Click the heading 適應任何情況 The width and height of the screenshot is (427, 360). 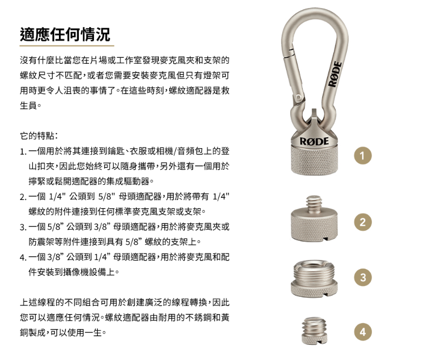click(x=65, y=34)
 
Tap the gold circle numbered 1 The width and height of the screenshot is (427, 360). click(x=363, y=156)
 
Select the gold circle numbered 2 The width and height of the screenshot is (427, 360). click(x=363, y=222)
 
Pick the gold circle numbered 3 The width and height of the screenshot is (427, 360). click(x=363, y=277)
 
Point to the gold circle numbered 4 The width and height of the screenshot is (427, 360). click(x=363, y=332)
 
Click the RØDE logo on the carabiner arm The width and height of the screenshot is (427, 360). click(x=335, y=74)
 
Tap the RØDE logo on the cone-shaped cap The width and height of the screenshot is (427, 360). click(x=314, y=141)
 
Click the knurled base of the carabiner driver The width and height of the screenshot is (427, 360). click(x=314, y=160)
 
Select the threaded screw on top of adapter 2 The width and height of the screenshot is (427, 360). click(x=313, y=204)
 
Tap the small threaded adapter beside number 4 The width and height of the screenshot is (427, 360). click(x=314, y=330)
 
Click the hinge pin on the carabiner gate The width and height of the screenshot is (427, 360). click(x=299, y=97)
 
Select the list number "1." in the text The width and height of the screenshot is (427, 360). click(x=23, y=151)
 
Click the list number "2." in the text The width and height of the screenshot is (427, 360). click(x=23, y=197)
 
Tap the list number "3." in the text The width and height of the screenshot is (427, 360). click(x=23, y=227)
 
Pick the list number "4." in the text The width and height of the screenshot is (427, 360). click(x=23, y=257)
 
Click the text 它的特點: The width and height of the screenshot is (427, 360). click(x=38, y=136)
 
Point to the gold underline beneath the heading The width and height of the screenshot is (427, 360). click(x=66, y=45)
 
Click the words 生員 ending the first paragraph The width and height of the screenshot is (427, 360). click(x=28, y=105)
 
